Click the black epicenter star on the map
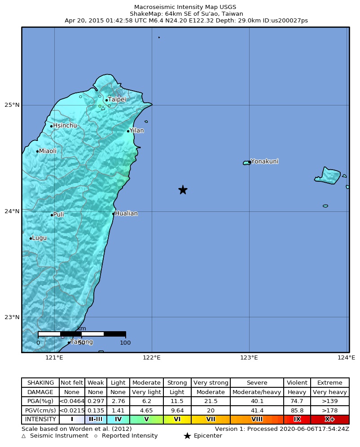(183, 190)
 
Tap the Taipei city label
(117, 99)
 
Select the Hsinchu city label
(65, 126)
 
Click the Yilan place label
(136, 131)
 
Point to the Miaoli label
(48, 151)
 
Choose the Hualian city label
(126, 213)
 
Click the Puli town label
(58, 215)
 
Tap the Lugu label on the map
(39, 238)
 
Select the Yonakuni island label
(264, 161)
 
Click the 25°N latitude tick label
(12, 105)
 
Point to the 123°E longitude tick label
(249, 358)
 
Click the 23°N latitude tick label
(12, 317)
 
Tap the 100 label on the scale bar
(125, 343)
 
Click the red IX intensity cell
(297, 419)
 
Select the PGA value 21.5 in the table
(211, 401)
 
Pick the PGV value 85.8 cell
(297, 410)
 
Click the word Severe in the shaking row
(257, 383)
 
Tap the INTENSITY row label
(40, 419)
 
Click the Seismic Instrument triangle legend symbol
(24, 436)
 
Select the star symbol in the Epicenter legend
(187, 436)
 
